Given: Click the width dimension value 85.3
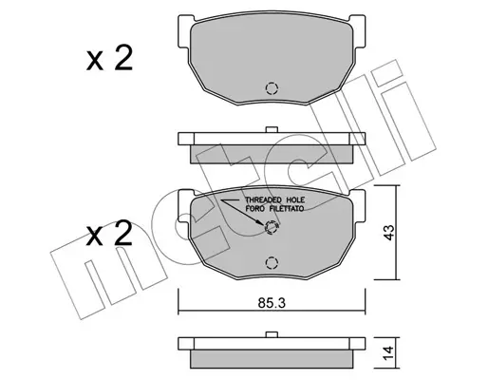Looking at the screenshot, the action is click(272, 303).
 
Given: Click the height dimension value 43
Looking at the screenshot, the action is click(388, 233).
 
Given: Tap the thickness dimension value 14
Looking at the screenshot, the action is click(388, 353).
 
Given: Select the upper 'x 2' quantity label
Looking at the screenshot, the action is click(109, 59).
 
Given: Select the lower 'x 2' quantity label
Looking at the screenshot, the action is click(109, 234).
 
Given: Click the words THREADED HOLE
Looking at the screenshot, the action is click(275, 200).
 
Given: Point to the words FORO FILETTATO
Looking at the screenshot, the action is click(274, 209).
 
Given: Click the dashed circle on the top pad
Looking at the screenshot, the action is click(272, 88).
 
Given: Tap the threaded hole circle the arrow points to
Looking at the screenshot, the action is click(272, 227).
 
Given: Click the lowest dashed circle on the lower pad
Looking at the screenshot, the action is click(272, 263).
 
